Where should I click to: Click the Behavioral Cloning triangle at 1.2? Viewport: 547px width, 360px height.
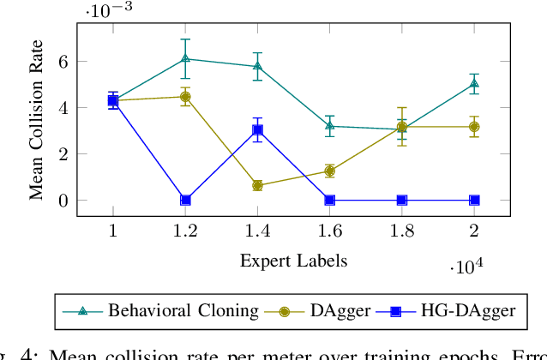[185, 58]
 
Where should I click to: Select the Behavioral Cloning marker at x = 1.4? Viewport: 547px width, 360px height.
[257, 66]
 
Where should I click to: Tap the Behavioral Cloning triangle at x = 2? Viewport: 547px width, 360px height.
[474, 83]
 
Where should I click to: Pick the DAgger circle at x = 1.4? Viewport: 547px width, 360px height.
[257, 185]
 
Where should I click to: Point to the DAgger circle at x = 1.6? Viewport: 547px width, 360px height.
[330, 171]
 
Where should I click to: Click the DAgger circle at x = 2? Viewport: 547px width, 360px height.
[474, 127]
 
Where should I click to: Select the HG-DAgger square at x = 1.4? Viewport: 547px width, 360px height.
[257, 130]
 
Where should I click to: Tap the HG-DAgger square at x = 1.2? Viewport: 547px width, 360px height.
[185, 200]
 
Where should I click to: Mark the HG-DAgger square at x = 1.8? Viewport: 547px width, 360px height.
[402, 200]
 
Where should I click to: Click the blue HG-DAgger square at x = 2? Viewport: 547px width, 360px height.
[474, 200]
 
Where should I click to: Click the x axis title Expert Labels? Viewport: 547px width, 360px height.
[293, 259]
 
